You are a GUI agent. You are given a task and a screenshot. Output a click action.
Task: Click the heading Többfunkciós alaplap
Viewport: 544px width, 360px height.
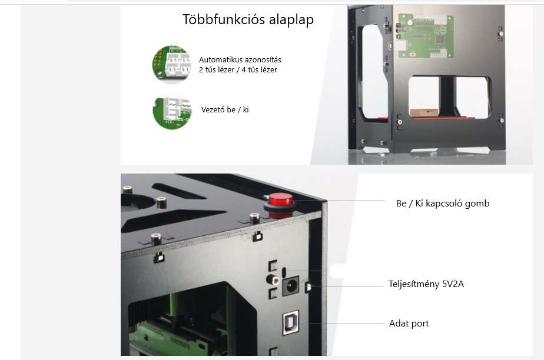coord(248,19)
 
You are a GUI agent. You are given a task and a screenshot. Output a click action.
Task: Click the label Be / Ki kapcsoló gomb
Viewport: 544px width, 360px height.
coord(443,204)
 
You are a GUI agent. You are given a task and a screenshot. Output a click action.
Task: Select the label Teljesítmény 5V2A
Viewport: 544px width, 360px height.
coord(426,284)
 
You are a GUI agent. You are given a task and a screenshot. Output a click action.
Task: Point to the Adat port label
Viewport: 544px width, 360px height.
coord(409,324)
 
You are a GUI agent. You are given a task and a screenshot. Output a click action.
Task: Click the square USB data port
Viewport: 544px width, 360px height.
coord(290,322)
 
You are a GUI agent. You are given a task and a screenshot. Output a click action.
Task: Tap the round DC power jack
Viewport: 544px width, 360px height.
coord(290,285)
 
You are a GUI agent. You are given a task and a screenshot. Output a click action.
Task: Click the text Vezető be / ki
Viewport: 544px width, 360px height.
coord(225,110)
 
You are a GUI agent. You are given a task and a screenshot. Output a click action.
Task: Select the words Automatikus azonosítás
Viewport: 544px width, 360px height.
coord(240,59)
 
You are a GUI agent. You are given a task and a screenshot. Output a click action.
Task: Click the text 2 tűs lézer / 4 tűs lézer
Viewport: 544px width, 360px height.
coord(238,69)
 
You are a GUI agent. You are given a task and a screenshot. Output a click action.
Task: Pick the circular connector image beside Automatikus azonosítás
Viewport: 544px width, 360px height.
coord(172,65)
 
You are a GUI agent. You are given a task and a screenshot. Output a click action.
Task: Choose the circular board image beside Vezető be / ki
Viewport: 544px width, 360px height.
coord(172,113)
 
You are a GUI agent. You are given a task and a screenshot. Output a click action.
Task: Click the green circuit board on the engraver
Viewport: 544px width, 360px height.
coord(425,35)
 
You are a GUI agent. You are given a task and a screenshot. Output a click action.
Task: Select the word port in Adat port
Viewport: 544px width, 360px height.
coord(420,324)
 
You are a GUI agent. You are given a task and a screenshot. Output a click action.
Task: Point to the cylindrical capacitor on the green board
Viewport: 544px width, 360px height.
coord(410,22)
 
